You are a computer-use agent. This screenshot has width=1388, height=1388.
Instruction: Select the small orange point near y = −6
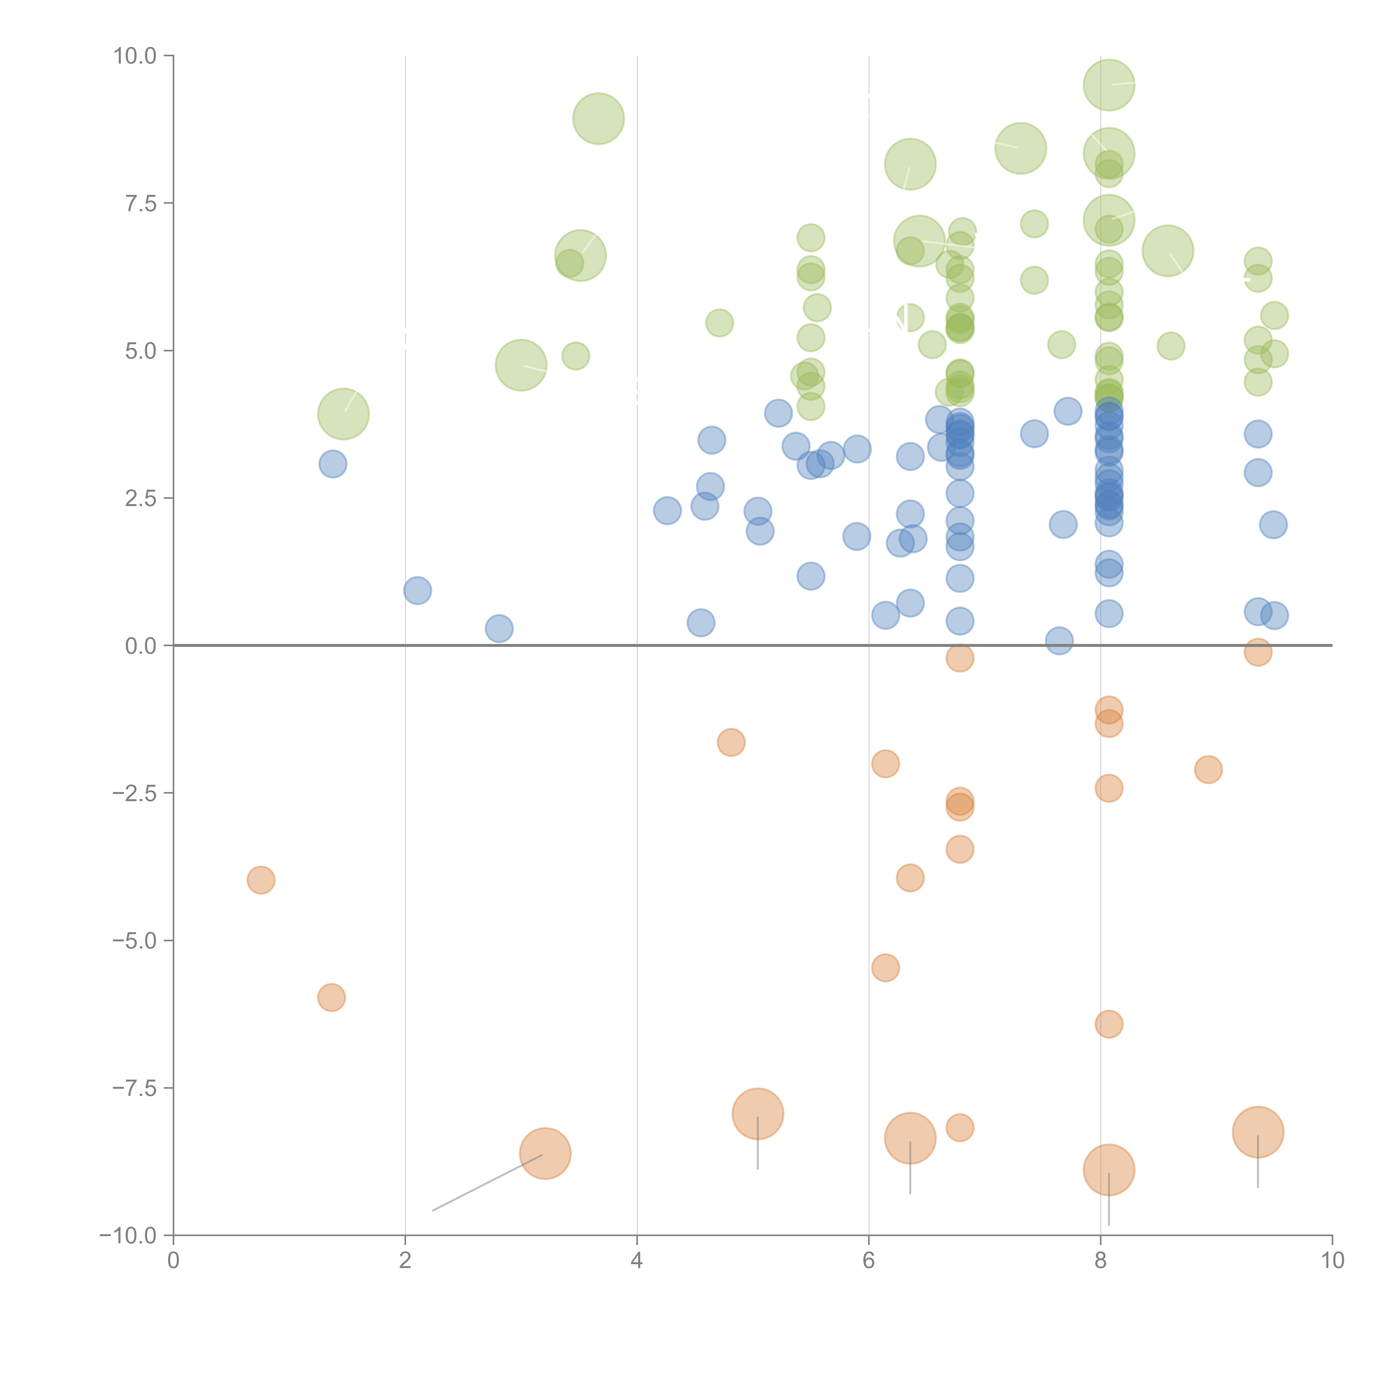pyautogui.click(x=331, y=997)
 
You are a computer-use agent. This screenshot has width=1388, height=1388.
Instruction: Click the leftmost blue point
pyautogui.click(x=333, y=464)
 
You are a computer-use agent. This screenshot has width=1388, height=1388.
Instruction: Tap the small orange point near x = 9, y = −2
pyautogui.click(x=1208, y=770)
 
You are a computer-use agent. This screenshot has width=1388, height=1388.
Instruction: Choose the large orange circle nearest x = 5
pyautogui.click(x=757, y=1113)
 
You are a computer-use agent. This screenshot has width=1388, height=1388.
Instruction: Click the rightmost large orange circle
pyautogui.click(x=1257, y=1132)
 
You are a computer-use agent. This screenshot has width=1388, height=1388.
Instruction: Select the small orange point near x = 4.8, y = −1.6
pyautogui.click(x=731, y=742)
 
